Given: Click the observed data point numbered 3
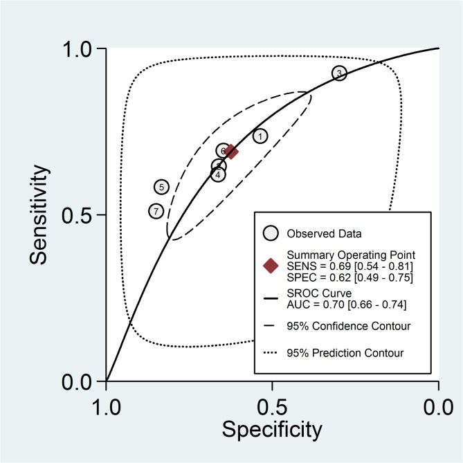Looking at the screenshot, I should tap(339, 73).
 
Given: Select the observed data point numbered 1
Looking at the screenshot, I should tap(260, 136).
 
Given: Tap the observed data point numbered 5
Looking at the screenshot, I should tap(161, 186).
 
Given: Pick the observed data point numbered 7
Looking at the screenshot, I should tap(156, 211).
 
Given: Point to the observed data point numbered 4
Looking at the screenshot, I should tap(218, 174).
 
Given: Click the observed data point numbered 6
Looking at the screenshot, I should tap(223, 150).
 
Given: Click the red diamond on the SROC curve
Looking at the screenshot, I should tap(232, 152).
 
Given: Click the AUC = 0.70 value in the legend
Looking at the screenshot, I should tap(338, 305).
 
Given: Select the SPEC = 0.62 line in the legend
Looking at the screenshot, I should tap(339, 278).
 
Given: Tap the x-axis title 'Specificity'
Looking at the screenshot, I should tap(271, 429).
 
